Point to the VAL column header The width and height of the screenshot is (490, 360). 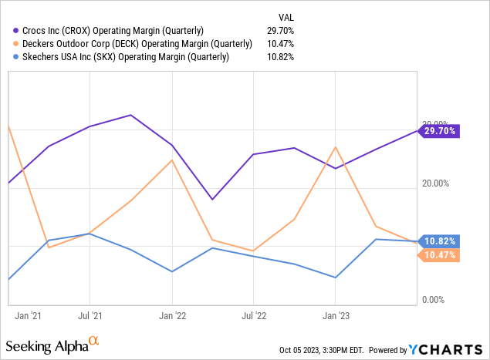click(284, 15)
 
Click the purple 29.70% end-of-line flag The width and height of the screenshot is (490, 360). click(440, 131)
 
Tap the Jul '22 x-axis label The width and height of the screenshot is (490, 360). click(253, 316)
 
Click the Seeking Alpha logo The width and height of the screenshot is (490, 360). click(52, 342)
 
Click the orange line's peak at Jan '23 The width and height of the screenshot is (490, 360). click(335, 147)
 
